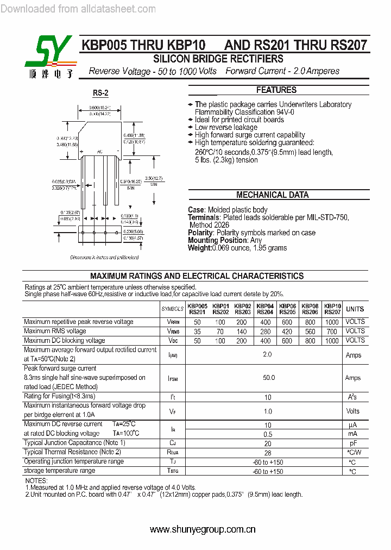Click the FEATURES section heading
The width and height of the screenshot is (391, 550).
click(x=276, y=90)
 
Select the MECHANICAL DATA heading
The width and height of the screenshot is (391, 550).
click(x=272, y=195)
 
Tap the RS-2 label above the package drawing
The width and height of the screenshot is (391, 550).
click(x=100, y=93)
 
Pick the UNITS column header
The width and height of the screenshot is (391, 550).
click(x=355, y=309)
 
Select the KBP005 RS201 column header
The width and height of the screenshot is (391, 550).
click(x=198, y=309)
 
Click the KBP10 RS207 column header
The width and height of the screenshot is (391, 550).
click(x=332, y=309)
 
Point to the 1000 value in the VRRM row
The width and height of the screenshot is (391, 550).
click(x=332, y=322)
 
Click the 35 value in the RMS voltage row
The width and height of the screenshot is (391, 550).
click(x=197, y=331)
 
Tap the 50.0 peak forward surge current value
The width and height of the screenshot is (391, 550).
click(x=269, y=378)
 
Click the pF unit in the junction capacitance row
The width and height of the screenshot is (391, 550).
click(x=353, y=443)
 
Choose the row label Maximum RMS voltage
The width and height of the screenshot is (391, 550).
click(x=55, y=331)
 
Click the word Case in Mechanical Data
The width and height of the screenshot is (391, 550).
click(x=195, y=210)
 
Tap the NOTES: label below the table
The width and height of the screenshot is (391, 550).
click(x=36, y=481)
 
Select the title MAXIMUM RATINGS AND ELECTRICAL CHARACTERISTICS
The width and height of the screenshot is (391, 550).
click(x=197, y=276)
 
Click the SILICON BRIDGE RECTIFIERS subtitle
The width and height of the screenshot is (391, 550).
click(x=218, y=59)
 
